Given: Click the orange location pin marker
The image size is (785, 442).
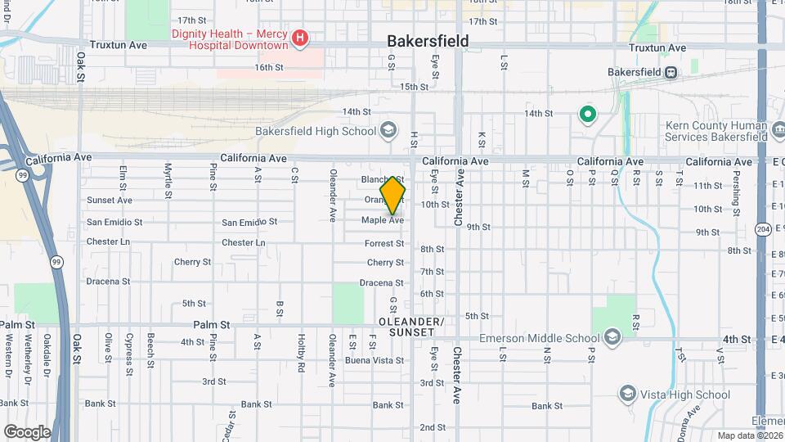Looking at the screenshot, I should click(392, 195).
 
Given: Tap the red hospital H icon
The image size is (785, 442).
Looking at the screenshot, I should click(300, 37).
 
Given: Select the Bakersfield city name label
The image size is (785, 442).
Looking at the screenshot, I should click(428, 41).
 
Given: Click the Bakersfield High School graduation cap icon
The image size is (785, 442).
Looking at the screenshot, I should click(388, 130).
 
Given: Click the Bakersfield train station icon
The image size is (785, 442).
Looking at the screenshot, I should click(670, 72).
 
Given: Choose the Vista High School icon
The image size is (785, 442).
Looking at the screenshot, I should click(628, 395).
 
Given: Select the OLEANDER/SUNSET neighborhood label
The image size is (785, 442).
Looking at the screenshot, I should click(412, 327).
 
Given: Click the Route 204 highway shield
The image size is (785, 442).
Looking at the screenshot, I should click(762, 228).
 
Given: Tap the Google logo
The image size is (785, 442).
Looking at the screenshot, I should click(27, 431).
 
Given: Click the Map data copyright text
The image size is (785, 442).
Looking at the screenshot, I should click(749, 435).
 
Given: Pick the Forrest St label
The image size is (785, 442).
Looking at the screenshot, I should click(384, 243).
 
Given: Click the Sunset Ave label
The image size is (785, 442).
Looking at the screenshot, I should click(110, 200).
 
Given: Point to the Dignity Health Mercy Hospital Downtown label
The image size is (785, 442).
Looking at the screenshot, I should click(229, 39).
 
